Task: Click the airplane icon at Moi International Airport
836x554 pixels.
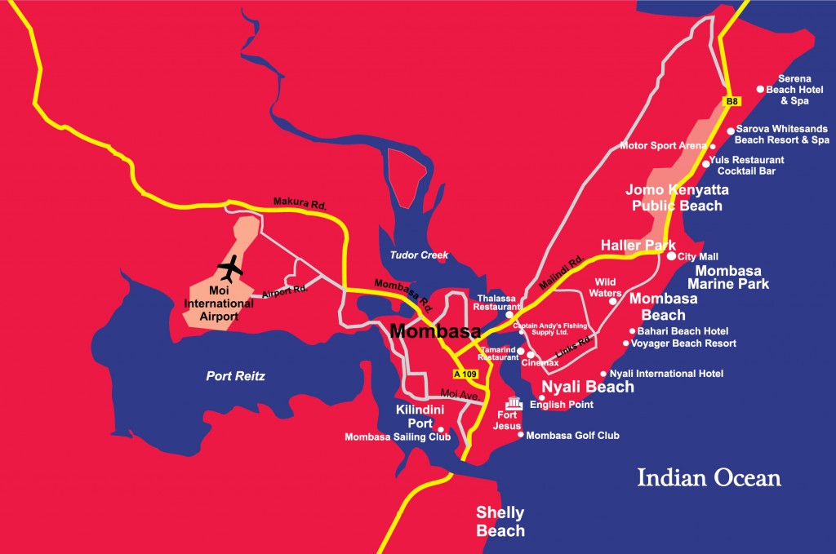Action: point(232,266)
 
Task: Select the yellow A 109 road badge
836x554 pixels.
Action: point(465,375)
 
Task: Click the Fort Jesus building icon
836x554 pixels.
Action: point(514,403)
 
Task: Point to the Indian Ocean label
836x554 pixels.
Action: point(709,477)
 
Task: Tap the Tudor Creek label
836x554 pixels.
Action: point(420,255)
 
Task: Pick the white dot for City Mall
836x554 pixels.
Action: point(671,255)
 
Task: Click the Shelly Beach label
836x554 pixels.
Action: point(500,521)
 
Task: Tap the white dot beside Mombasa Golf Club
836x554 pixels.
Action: point(521,435)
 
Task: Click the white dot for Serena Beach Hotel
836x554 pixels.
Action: point(760,89)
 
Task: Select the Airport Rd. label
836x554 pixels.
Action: point(283,290)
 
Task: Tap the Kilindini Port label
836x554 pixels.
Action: point(419,416)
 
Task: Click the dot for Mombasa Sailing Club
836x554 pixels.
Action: point(441,429)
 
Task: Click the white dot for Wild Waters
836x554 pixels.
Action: point(612,301)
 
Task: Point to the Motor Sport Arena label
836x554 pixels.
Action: point(662,146)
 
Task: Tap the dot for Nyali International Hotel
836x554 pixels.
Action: point(603,374)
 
